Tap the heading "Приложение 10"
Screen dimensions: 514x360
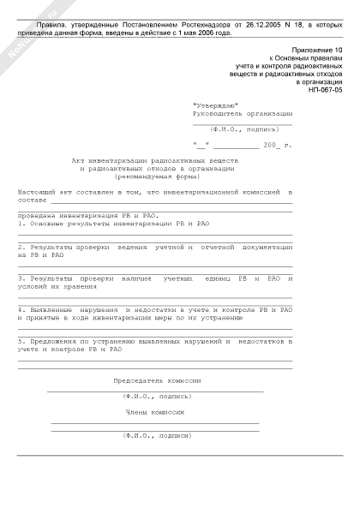[317, 51]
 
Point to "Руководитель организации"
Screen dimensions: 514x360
[243, 112]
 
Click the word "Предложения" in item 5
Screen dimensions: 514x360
[51, 341]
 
